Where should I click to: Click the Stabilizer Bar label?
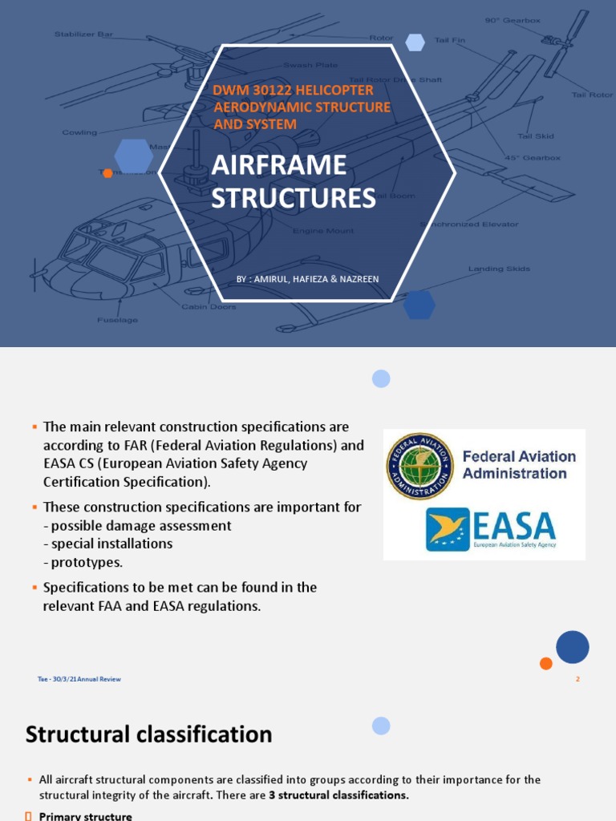(84, 34)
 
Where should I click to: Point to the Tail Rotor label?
(591, 95)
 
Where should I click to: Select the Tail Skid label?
(535, 136)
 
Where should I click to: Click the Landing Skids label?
(499, 269)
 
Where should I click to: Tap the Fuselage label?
(118, 320)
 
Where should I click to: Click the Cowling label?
(79, 132)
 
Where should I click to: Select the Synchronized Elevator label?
(472, 224)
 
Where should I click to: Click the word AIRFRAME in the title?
(278, 166)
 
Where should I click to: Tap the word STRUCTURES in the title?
(293, 198)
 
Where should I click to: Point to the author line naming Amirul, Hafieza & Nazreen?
(307, 279)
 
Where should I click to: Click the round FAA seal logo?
(419, 466)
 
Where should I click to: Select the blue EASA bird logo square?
(448, 529)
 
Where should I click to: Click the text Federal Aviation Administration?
(519, 465)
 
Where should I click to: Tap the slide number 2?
(577, 679)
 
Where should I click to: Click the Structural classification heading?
(148, 734)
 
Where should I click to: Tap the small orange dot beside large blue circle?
(545, 663)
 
